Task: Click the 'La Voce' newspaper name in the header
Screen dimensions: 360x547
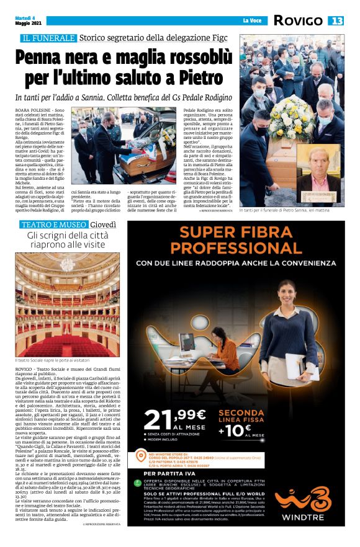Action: point(251,21)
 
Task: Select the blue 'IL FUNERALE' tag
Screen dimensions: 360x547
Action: point(49,38)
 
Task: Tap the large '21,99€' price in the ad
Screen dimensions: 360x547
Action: point(175,419)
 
